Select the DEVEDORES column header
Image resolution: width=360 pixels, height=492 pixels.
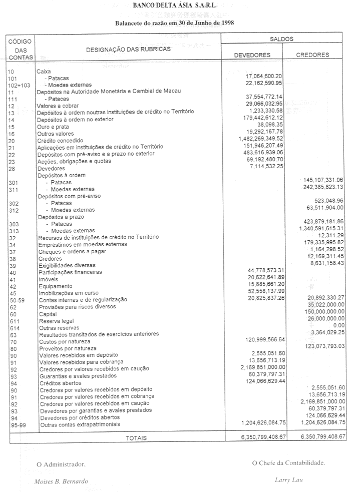point(252,55)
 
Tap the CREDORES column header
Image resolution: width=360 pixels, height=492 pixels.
point(312,55)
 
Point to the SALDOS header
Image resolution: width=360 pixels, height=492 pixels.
point(282,39)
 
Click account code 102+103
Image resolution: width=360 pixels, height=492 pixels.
point(19,86)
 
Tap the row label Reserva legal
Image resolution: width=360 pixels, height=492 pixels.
point(55,321)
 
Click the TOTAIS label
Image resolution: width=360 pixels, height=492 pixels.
point(136,438)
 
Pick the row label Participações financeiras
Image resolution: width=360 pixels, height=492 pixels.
point(70,272)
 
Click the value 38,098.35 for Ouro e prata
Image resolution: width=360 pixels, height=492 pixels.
point(270,125)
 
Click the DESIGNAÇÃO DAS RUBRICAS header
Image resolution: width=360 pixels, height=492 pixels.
point(128,49)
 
